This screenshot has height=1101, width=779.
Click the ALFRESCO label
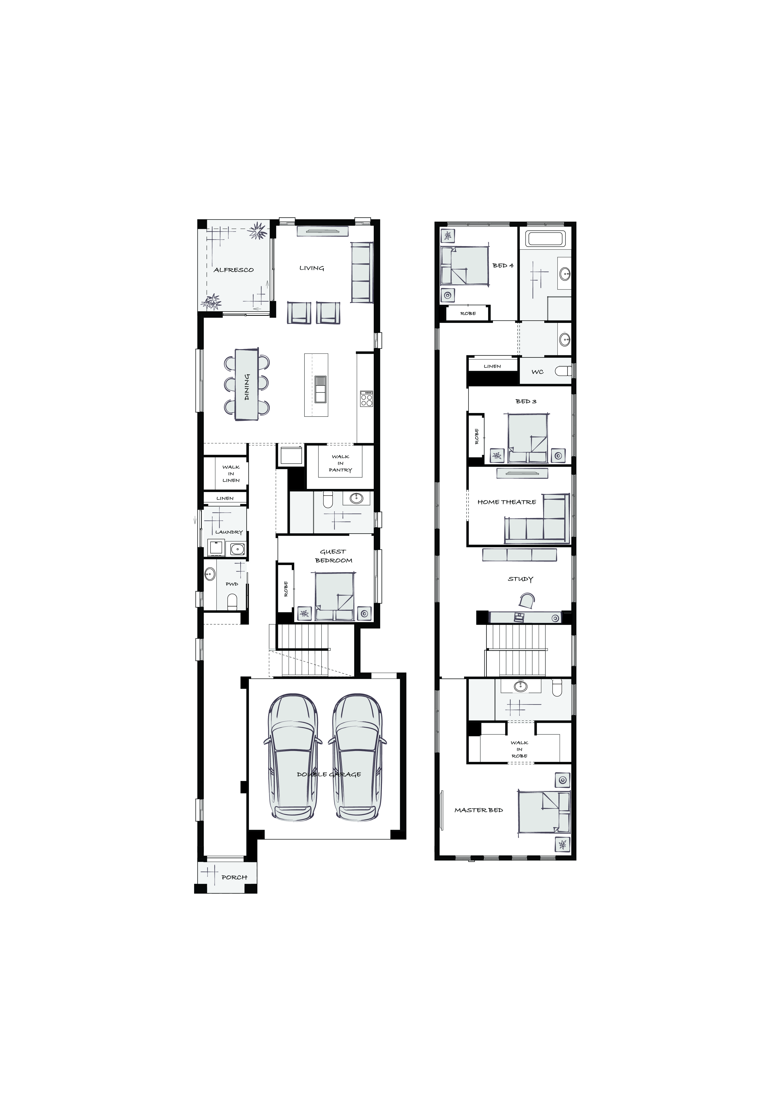[234, 270]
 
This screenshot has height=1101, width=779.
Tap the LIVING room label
[312, 268]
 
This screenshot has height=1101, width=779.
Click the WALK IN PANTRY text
[341, 463]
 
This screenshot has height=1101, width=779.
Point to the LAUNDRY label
[229, 532]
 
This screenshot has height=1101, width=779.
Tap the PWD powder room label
[232, 584]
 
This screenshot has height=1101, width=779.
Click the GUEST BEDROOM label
[333, 556]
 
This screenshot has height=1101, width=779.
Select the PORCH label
[234, 877]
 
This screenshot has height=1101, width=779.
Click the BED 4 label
[503, 265]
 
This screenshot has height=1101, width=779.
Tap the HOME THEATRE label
[507, 502]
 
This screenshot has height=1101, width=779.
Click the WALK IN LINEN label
[231, 473]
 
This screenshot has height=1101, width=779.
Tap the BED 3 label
[526, 401]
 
